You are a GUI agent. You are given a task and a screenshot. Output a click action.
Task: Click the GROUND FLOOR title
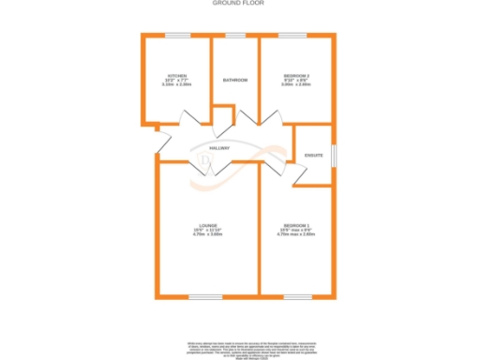(x=240, y=5)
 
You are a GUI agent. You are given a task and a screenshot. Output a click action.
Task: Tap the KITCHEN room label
(x=177, y=75)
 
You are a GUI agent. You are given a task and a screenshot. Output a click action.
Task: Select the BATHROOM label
(x=235, y=80)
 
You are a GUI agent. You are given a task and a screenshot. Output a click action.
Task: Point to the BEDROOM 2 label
(x=296, y=75)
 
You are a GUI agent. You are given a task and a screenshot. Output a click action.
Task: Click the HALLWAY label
(x=219, y=149)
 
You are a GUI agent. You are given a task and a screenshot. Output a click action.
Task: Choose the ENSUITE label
(x=314, y=154)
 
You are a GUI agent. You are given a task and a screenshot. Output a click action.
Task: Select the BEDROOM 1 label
(x=296, y=226)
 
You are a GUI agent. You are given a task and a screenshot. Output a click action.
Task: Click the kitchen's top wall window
(x=177, y=35)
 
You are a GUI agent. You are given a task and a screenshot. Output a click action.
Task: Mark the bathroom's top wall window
(x=235, y=35)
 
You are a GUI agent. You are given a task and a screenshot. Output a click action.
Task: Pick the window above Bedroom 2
(x=292, y=35)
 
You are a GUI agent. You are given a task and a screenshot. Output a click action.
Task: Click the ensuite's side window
(x=335, y=154)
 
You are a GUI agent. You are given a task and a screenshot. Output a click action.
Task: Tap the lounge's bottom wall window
(x=203, y=297)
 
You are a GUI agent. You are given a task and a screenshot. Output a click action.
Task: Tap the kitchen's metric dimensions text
(x=177, y=84)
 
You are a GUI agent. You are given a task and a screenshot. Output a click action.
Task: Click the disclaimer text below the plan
(x=240, y=348)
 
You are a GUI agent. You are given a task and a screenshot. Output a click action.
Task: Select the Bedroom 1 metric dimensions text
(x=296, y=234)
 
